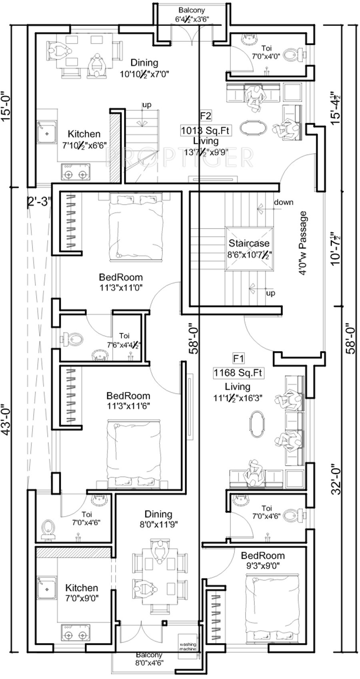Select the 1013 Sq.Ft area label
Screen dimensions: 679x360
click(206, 130)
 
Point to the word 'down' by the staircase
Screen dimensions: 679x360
click(283, 202)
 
